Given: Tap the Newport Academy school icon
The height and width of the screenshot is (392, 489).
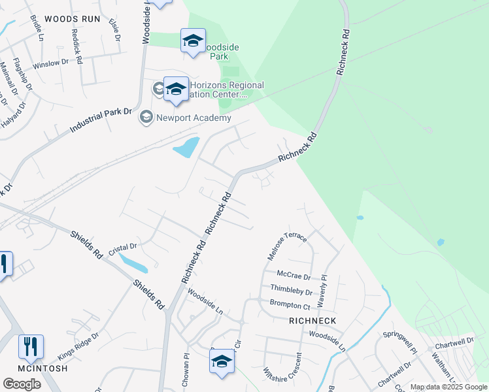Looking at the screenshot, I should pyautogui.click(x=146, y=118).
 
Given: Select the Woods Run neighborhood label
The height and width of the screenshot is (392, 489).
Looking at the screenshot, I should pyautogui.click(x=72, y=19).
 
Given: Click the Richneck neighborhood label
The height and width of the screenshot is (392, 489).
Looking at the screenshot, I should pyautogui.click(x=312, y=321).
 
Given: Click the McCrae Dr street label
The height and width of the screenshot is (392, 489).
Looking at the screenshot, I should pyautogui.click(x=292, y=274).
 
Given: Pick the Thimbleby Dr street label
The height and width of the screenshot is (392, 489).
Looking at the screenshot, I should pyautogui.click(x=291, y=290).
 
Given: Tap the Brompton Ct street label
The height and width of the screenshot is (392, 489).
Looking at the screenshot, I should pyautogui.click(x=290, y=304).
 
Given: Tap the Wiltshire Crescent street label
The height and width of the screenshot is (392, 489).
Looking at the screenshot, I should pyautogui.click(x=291, y=371).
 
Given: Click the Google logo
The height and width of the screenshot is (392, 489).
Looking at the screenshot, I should pyautogui.click(x=22, y=384).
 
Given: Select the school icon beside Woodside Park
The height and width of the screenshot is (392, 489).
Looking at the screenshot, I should pyautogui.click(x=193, y=41).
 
